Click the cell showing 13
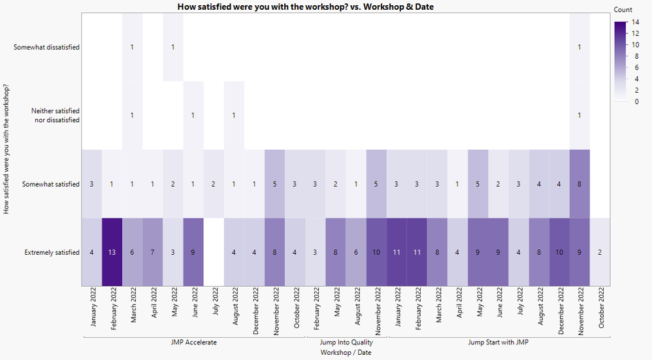tap(112, 252)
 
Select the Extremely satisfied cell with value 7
tap(152, 252)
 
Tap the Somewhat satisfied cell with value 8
tap(579, 184)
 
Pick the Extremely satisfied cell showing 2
tap(600, 252)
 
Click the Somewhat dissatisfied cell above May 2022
tap(172, 47)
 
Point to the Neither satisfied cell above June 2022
tap(193, 116)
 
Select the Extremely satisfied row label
tap(52, 252)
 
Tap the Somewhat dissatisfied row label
tap(46, 47)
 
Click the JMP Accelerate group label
tap(194, 342)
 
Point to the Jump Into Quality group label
tap(346, 342)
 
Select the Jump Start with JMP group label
tap(498, 342)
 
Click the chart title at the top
tap(306, 7)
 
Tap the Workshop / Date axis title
tap(346, 352)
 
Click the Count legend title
tap(623, 10)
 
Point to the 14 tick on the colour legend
tap(635, 22)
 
